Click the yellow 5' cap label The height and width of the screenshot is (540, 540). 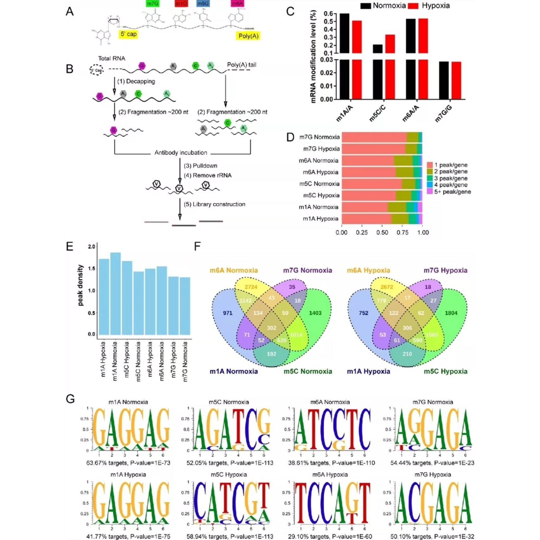coord(128,34)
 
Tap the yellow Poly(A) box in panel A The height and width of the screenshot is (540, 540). coord(248,36)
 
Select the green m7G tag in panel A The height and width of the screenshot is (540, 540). coord(152,3)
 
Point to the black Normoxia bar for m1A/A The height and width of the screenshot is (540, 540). coord(344,33)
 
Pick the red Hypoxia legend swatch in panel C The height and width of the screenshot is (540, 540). coord(413,6)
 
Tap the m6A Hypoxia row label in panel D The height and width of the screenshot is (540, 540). coord(320,172)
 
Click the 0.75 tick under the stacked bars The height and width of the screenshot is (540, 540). coord(402,233)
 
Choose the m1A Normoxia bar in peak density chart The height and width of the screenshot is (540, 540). coord(115,293)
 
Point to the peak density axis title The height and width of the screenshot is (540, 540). coord(80,285)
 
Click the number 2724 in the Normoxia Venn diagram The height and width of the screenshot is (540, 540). coord(251,287)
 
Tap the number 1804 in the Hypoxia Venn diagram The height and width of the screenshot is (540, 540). coord(451,313)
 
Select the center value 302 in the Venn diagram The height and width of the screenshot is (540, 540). coord(271,328)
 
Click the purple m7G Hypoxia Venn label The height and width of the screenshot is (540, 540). coord(445,270)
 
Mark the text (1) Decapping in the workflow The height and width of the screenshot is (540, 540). coord(136,82)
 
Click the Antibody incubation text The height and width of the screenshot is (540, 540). coord(181,153)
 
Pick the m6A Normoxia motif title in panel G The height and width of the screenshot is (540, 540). coord(330,402)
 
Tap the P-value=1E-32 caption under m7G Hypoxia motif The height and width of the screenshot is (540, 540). coord(454,537)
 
